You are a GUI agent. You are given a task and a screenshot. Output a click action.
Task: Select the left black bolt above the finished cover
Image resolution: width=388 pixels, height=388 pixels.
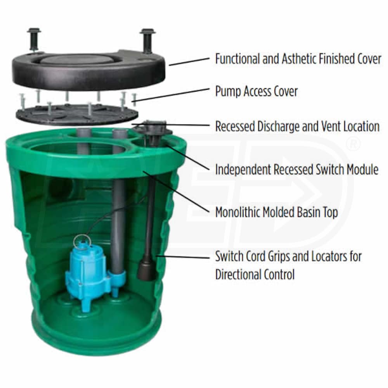click(34, 40)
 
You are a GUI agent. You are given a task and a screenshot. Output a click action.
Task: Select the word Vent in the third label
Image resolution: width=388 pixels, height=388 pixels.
click(332, 126)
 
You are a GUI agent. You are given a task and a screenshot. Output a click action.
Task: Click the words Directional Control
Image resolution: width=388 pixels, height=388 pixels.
click(255, 274)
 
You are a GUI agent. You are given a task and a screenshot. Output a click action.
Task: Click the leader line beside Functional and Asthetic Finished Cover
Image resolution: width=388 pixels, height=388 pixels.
click(189, 62)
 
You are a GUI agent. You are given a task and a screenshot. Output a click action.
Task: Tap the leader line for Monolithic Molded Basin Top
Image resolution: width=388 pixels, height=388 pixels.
click(176, 191)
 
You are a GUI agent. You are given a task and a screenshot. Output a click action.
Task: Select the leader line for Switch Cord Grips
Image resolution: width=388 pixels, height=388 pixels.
click(183, 257)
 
